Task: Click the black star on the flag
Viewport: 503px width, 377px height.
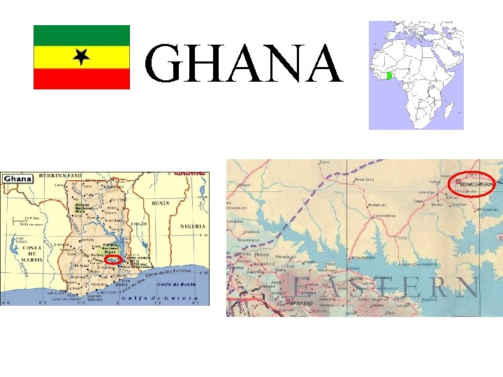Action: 82,57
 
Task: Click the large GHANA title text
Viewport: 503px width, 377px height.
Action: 244,64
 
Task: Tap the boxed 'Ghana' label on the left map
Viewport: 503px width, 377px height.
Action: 17,179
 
